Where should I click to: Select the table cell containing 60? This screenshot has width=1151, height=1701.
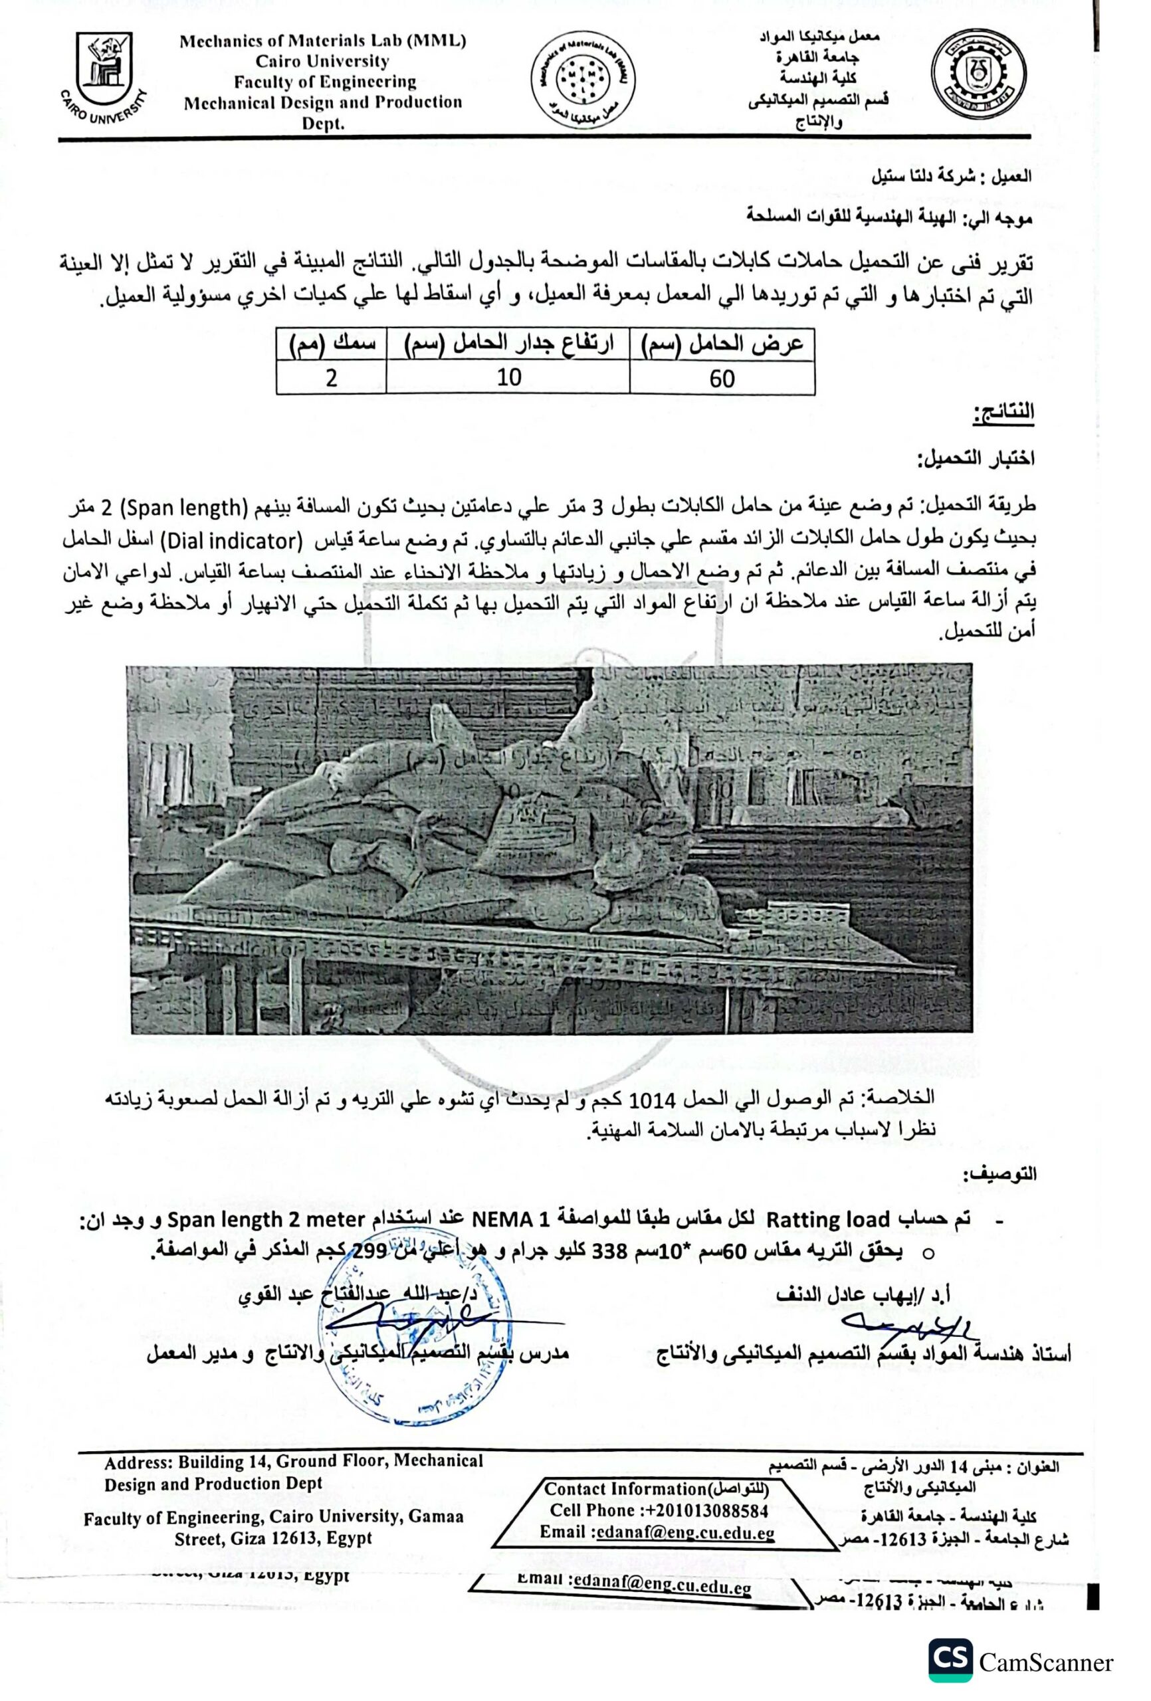tap(721, 379)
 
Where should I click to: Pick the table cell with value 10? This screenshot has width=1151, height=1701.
tap(508, 377)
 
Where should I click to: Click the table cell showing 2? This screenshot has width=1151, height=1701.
tap(331, 379)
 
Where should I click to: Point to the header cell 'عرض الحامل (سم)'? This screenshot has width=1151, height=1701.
tap(721, 344)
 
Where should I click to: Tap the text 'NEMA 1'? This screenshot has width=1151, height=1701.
tap(511, 1220)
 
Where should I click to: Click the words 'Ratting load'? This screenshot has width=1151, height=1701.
tap(827, 1220)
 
